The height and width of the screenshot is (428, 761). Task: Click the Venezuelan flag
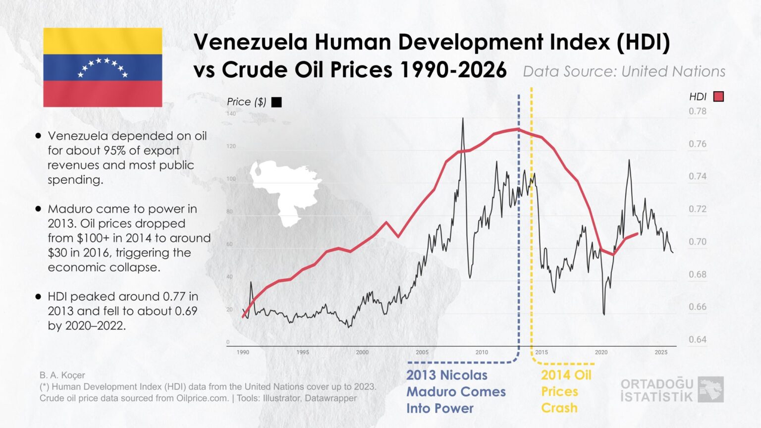[103, 67]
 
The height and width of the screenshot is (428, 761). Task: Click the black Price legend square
[276, 102]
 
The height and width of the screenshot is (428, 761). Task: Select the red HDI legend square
[718, 97]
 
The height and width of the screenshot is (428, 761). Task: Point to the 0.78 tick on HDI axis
[698, 111]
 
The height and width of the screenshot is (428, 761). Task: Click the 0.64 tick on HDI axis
[698, 340]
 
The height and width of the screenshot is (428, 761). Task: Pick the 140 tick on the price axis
[231, 114]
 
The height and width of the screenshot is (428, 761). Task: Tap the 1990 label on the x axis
[243, 352]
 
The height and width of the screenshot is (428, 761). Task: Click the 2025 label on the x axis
[661, 352]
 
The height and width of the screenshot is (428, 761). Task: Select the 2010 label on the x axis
[482, 352]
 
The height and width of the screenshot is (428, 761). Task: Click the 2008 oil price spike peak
[463, 118]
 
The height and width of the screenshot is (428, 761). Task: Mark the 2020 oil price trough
[603, 314]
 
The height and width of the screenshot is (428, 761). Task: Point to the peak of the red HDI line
[518, 129]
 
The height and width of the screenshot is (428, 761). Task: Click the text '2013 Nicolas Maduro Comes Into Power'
[456, 391]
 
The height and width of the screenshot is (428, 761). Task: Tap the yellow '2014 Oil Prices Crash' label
[566, 391]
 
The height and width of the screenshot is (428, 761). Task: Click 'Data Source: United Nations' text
[624, 71]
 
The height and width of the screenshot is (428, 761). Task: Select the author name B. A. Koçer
[62, 375]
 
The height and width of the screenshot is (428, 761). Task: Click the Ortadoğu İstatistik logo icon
[710, 389]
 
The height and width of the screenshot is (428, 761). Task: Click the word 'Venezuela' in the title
[250, 42]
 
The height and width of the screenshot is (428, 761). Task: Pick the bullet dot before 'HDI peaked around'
[38, 297]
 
